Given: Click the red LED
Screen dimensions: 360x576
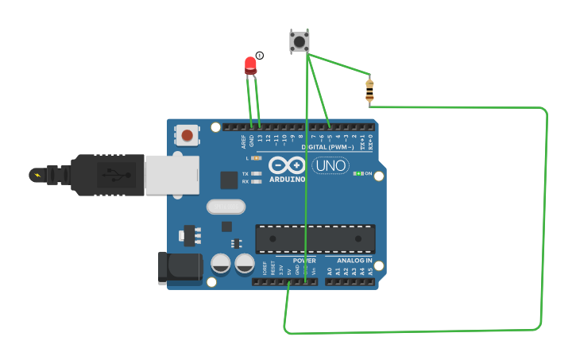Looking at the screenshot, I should (251, 64).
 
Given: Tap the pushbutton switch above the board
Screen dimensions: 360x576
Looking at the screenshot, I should (300, 41).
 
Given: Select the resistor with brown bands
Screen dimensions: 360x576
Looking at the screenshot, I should (369, 90).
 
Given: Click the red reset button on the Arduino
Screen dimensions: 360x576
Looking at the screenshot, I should (187, 135).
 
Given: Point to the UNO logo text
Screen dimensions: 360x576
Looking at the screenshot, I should (330, 165).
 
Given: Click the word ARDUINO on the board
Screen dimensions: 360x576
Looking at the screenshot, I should (287, 180).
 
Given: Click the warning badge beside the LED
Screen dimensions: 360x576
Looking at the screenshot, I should (260, 56).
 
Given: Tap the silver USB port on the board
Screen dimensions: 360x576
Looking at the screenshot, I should (171, 174).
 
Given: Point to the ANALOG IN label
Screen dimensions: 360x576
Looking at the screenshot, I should (354, 261).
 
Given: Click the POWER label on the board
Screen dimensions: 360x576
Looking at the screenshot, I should (304, 261).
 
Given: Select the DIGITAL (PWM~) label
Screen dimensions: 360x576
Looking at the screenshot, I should (327, 147).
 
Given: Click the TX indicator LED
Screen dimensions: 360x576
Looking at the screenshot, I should (256, 173).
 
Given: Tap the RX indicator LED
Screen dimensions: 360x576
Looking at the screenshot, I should (256, 182).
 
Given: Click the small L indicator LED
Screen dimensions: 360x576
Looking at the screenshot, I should (256, 158).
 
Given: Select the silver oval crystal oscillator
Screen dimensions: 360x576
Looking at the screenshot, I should (226, 207).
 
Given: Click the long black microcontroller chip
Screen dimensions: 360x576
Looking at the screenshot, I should (315, 238).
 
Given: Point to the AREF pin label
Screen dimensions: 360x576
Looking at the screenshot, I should (244, 141).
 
